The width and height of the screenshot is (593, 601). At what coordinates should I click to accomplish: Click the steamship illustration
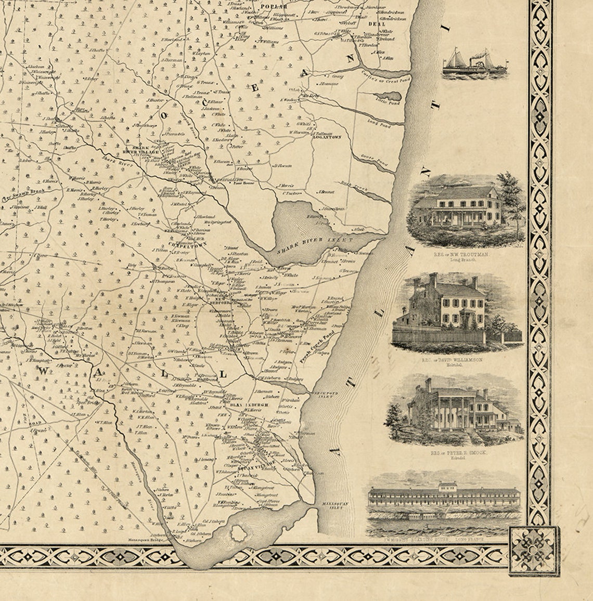coord(475,64)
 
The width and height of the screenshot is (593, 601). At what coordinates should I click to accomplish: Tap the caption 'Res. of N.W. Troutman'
coord(461,255)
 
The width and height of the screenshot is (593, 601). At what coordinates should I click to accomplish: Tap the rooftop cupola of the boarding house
coord(447,486)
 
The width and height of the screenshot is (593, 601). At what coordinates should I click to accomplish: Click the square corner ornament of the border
coord(533,548)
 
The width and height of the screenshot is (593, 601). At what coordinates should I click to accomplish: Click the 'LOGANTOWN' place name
coord(326,137)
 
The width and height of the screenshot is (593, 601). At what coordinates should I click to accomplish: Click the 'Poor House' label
coord(244,183)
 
